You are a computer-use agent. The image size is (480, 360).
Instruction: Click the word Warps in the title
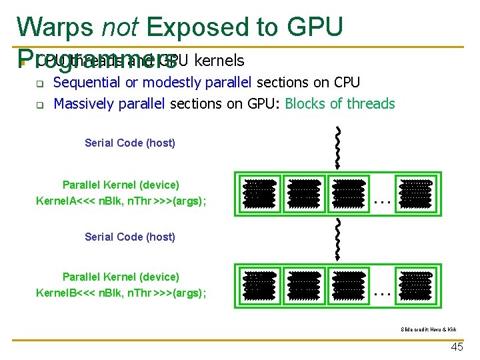coord(56,27)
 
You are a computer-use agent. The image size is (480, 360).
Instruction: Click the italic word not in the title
coord(120,27)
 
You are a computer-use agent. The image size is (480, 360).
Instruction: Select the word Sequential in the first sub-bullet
coord(85,83)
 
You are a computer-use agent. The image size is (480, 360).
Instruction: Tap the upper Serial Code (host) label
coord(130,143)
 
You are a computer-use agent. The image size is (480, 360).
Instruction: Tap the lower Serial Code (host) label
coord(130,237)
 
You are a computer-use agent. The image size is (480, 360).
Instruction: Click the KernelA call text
coord(121,201)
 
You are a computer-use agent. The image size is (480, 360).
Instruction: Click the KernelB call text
coord(121,293)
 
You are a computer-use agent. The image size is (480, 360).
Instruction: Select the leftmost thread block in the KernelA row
coord(259,192)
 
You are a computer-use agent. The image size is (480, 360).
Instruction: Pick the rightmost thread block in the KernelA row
coord(415,192)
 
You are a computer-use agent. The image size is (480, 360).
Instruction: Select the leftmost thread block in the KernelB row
coord(259,284)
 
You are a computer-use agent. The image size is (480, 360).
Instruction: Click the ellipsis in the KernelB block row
coord(381,291)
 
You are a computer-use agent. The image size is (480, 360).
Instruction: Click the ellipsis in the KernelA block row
coord(381,199)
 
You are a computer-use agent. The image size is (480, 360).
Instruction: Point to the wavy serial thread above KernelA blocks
coord(339,147)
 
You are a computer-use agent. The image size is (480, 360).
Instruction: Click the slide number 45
coord(457,347)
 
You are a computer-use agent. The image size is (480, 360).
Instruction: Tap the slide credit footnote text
coord(428,329)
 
